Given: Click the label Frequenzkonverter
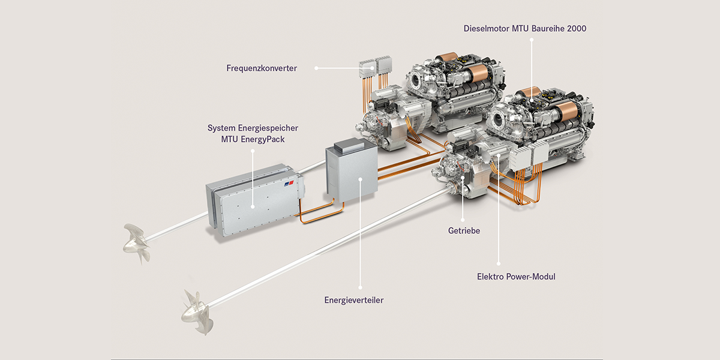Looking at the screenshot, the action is [262, 68].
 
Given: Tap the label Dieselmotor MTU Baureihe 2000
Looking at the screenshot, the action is [525, 29].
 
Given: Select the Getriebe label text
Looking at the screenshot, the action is [464, 231].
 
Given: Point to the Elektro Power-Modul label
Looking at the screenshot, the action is [516, 277].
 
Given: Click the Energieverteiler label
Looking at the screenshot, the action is [354, 300].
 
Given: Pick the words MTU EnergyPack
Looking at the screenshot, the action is [253, 139].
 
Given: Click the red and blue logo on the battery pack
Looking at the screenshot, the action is [289, 184].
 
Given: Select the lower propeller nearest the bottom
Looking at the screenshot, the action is [197, 313].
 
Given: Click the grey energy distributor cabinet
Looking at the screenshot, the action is [352, 172].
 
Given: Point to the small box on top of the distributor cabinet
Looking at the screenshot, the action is [349, 145].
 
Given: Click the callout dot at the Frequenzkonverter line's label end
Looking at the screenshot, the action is [316, 68].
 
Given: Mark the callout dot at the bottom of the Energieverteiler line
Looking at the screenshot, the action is [361, 287].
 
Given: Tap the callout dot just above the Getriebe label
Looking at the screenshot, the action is [463, 220].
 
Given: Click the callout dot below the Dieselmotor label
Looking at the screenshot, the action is [532, 40].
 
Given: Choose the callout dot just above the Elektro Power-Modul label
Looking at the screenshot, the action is [499, 264].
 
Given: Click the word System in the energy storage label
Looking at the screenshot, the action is [221, 128].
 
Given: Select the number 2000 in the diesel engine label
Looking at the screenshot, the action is [577, 29].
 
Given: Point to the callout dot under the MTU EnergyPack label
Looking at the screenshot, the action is [253, 151].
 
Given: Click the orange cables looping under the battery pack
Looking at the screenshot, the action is [322, 214].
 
